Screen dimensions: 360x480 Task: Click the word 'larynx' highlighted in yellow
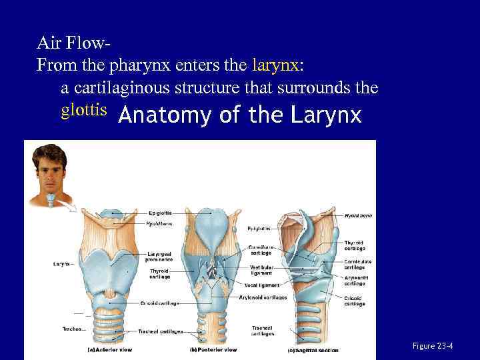(x=275, y=65)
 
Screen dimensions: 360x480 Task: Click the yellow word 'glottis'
(x=84, y=109)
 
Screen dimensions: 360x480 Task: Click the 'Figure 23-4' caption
(x=433, y=346)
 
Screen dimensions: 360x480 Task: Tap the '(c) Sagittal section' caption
(x=313, y=350)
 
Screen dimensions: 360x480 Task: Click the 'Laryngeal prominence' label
(x=160, y=257)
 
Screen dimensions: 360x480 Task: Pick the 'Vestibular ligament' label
(x=261, y=270)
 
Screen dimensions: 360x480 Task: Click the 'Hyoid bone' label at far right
(x=358, y=215)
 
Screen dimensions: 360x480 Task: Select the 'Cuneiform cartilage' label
(x=261, y=250)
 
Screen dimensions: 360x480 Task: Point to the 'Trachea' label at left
(x=73, y=329)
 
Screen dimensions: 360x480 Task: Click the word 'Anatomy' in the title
(x=159, y=116)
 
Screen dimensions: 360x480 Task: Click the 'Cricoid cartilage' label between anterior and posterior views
(x=160, y=303)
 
